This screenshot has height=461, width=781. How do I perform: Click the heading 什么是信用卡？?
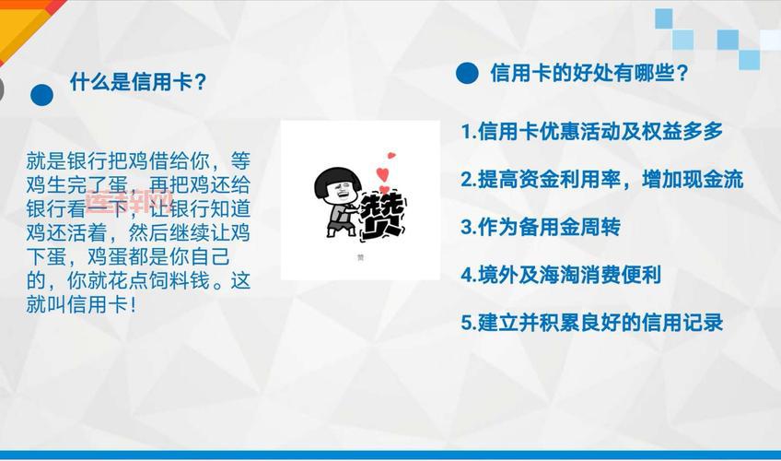pyautogui.click(x=137, y=82)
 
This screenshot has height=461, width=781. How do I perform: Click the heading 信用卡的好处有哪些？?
pyautogui.click(x=589, y=73)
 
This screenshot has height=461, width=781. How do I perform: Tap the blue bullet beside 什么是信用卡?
pyautogui.click(x=41, y=94)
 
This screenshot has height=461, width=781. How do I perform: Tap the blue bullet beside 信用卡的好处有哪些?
pyautogui.click(x=467, y=74)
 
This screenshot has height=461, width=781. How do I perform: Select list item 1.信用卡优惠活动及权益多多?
pyautogui.click(x=591, y=131)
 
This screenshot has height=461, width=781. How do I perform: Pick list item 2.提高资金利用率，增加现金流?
pyautogui.click(x=601, y=179)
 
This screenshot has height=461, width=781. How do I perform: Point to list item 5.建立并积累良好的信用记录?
pyautogui.click(x=591, y=322)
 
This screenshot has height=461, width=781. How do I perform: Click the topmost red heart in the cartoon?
pyautogui.click(x=390, y=155)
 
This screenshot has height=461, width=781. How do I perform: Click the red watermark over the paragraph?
pyautogui.click(x=128, y=202)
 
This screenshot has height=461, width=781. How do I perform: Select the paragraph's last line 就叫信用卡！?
pyautogui.click(x=82, y=304)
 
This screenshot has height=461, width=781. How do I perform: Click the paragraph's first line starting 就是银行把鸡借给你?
pyautogui.click(x=138, y=160)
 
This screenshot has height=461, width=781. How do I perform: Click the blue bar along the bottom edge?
pyautogui.click(x=390, y=455)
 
